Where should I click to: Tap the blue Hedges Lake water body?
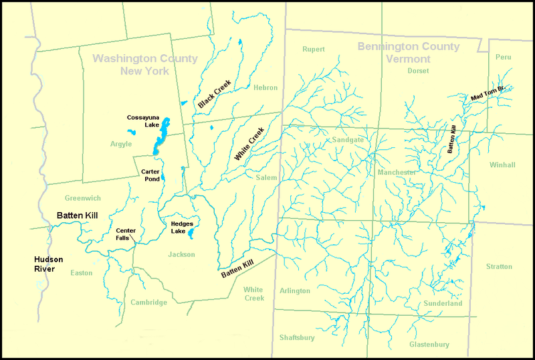point(191,234)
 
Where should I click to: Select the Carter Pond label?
point(149,175)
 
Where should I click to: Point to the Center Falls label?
point(126,234)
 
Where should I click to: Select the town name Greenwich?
point(83,198)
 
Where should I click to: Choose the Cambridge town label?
point(148,302)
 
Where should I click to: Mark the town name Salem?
point(266,178)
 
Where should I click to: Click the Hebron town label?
point(265,88)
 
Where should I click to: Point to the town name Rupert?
point(313,50)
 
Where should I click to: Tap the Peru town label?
point(503,58)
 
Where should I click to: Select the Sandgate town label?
point(348,140)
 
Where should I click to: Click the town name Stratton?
point(499,267)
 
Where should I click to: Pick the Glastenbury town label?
point(429,345)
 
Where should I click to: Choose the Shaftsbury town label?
point(298,338)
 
